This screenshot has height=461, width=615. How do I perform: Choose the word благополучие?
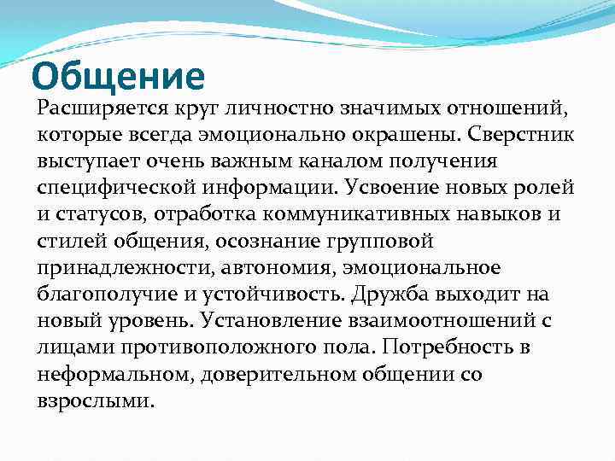102,295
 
